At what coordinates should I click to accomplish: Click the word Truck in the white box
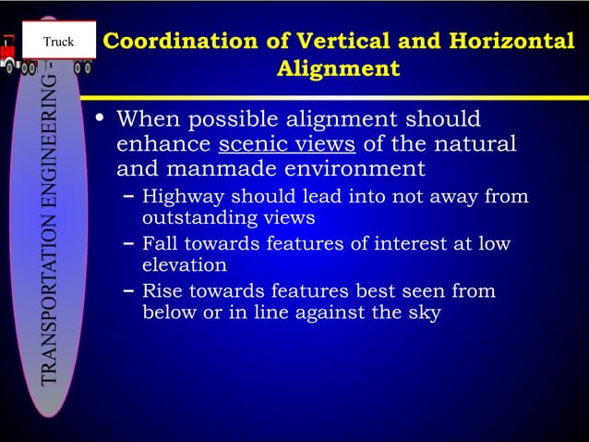[58, 42]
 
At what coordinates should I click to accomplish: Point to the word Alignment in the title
[338, 69]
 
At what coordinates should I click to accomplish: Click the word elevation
[185, 265]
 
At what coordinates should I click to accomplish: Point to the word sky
[424, 313]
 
